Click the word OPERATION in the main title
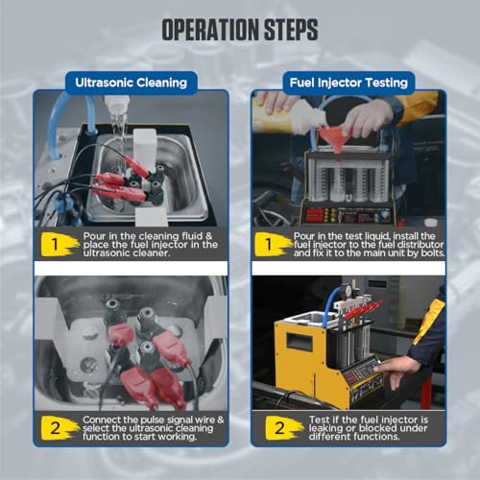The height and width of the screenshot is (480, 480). point(211,30)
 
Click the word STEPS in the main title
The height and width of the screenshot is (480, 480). point(291,30)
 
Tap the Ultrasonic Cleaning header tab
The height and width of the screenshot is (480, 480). point(132,83)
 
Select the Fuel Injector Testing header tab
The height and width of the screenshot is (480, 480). point(348,83)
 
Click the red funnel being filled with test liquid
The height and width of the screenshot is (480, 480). point(333,137)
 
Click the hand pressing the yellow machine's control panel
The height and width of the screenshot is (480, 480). point(396,368)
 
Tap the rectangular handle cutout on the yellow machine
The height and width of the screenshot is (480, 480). point(300,341)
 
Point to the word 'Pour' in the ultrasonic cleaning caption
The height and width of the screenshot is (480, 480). point(95,236)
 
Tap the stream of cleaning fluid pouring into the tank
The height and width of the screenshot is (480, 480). point(118,134)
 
